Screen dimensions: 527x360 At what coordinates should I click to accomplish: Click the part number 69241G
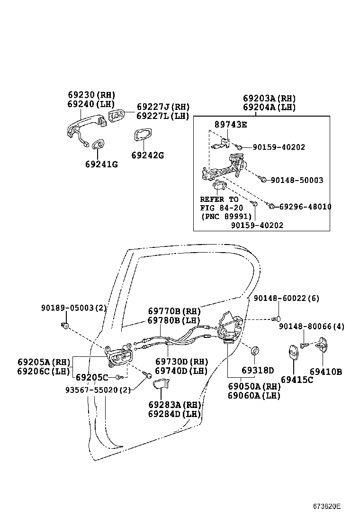point(101,164)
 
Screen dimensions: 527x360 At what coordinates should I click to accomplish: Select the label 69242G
point(147,155)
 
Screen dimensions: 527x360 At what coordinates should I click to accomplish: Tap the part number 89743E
point(231,125)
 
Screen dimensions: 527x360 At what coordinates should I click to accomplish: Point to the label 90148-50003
point(297,180)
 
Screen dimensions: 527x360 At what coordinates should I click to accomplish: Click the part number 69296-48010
point(305,207)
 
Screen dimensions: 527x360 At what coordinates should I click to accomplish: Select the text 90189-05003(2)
point(74,308)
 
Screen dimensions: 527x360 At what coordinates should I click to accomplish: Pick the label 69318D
point(257,371)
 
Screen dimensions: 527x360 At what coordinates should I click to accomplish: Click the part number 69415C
point(297,380)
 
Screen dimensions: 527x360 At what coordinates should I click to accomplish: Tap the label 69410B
point(325,372)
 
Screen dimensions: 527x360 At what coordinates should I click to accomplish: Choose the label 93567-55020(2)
point(98,390)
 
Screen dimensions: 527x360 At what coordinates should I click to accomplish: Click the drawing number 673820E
point(326,506)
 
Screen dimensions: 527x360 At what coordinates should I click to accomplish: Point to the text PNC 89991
point(226,217)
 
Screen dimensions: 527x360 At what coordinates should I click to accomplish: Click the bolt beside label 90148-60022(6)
point(278,318)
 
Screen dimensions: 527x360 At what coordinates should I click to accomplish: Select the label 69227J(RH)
point(163,107)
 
